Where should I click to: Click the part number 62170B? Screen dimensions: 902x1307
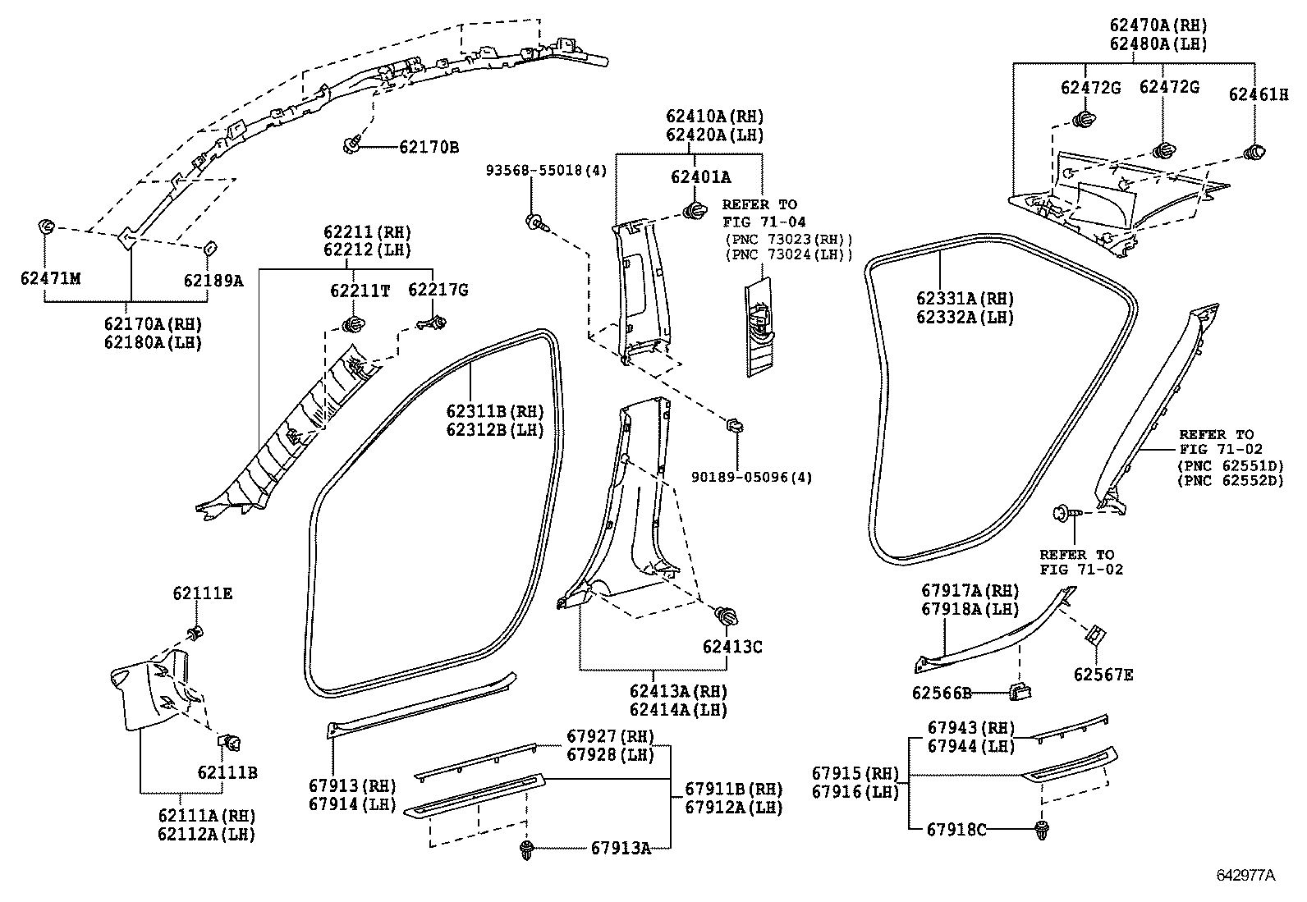click(x=429, y=148)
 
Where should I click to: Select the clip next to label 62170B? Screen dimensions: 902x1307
click(x=351, y=146)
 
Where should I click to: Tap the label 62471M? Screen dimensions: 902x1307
click(x=50, y=279)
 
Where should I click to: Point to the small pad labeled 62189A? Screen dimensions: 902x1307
click(x=209, y=247)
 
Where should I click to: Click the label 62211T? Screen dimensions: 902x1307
click(x=360, y=290)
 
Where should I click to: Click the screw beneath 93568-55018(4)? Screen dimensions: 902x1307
click(x=536, y=221)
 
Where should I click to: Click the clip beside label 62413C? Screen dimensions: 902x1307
click(x=726, y=615)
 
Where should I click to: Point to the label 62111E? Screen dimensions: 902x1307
click(x=202, y=593)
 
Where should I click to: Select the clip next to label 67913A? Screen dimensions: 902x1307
click(x=526, y=849)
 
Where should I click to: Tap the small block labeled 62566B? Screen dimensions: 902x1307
click(x=1019, y=691)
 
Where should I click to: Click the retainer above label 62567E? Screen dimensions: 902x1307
click(x=1095, y=634)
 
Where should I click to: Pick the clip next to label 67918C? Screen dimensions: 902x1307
click(x=1043, y=828)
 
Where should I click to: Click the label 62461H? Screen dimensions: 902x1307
click(x=1258, y=95)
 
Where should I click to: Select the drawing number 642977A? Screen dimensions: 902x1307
click(x=1245, y=876)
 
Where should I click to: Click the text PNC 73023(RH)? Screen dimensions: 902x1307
click(x=788, y=239)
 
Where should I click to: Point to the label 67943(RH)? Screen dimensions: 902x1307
click(x=971, y=728)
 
